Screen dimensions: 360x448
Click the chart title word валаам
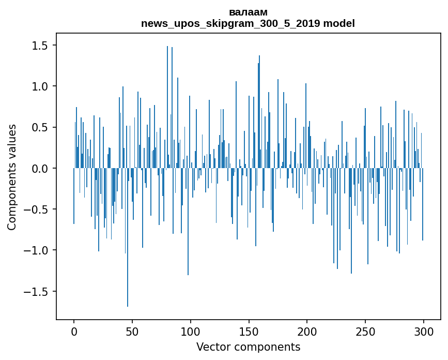coord(248,12)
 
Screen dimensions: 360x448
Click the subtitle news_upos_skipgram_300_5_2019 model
coord(248,23)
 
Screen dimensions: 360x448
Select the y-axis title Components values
coord(12,177)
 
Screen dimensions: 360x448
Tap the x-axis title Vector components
coord(248,347)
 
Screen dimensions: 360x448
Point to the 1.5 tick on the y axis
coord(40,46)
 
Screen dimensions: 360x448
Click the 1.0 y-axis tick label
coord(40,86)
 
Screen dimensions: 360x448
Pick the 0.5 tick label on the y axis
coord(40,128)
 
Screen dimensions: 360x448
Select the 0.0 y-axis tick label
coord(40,169)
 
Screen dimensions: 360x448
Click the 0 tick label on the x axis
coord(74,331)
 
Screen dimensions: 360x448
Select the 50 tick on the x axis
coord(132,331)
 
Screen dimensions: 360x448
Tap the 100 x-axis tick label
coord(191,331)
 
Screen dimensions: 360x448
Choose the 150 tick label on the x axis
coord(249,331)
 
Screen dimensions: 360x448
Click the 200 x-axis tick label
coord(307,331)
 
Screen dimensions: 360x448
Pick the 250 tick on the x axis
coord(365,331)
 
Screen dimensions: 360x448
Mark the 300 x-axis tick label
coord(424,331)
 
